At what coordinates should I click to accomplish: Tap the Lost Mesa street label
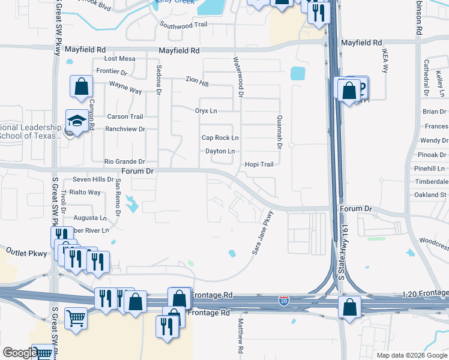(119, 59)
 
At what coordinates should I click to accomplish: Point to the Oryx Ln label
(206, 111)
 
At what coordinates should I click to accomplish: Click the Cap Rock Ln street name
(220, 138)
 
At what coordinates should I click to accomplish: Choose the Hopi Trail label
(259, 164)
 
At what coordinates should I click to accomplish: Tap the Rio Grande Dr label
(125, 162)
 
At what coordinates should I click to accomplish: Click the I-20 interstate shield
(283, 301)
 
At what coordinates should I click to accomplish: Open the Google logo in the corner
(19, 353)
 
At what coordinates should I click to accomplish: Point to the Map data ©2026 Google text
(411, 355)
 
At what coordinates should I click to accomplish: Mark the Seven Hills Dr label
(92, 179)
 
